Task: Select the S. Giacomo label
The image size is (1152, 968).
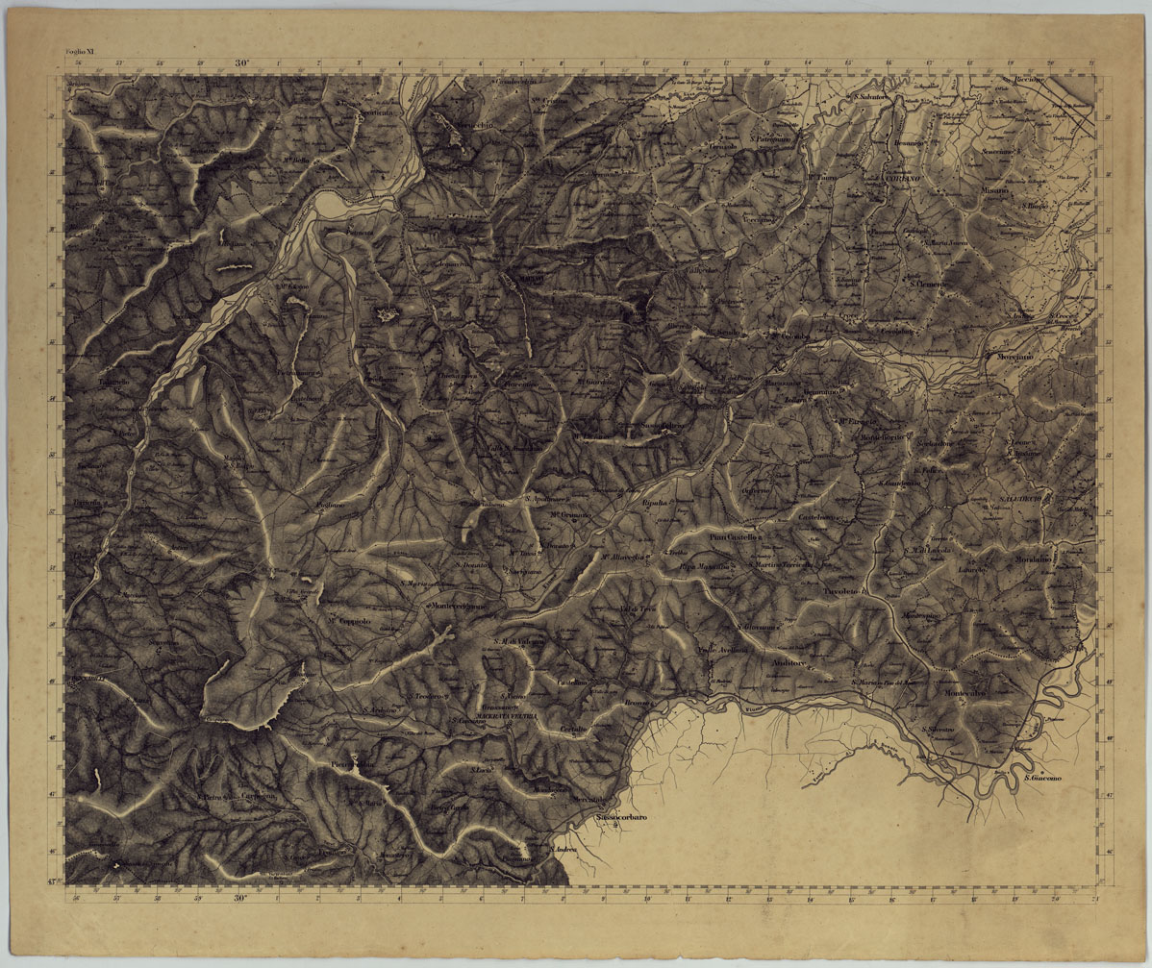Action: [x=1047, y=778]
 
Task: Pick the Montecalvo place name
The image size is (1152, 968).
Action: [x=964, y=693]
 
